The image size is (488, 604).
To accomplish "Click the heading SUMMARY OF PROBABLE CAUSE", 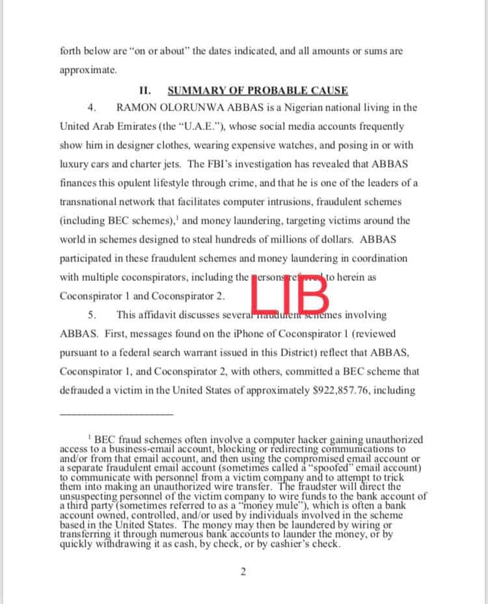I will (x=257, y=90).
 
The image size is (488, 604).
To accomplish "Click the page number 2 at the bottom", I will (x=243, y=572).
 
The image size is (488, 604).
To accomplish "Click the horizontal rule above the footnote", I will (x=116, y=414).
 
